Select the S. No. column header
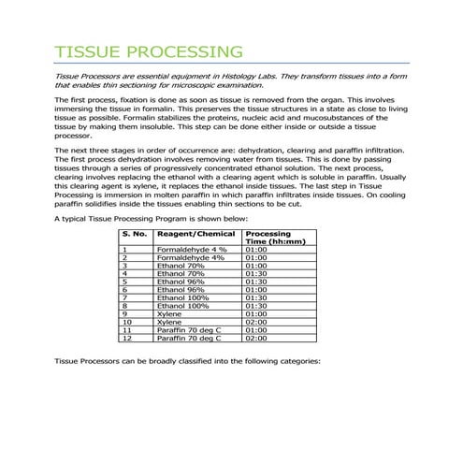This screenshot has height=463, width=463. point(136,233)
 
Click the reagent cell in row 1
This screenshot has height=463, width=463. point(192,250)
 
